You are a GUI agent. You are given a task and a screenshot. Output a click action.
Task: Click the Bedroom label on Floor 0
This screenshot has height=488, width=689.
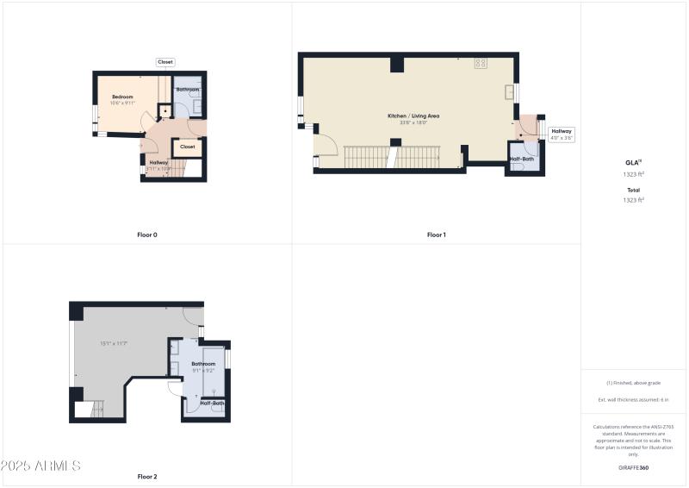coord(123,97)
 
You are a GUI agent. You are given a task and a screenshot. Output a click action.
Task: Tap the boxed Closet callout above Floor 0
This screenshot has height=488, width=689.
coord(165,62)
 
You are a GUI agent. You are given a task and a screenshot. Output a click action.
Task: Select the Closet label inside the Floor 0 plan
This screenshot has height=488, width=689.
coord(187,147)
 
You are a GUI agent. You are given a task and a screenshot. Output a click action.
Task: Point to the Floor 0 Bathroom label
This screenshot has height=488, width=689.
coord(188,90)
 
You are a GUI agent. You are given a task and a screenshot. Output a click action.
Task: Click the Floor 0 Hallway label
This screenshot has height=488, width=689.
coord(158,162)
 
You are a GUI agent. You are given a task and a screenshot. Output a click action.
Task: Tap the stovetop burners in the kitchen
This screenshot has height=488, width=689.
coord(481,63)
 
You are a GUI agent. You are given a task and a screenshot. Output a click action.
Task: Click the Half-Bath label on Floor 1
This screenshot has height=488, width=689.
coord(521,159)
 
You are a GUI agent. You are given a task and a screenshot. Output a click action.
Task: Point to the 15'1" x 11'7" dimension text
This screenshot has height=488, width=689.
coord(113,343)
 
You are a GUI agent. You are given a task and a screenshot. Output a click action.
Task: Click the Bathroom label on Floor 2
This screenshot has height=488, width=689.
coord(203,364)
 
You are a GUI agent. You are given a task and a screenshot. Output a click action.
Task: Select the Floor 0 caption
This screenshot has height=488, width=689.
coord(147,235)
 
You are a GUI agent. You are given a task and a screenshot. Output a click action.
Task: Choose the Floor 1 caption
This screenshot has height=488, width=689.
coord(436,235)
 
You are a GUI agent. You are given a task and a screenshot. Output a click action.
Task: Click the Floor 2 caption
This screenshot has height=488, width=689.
coord(147,477)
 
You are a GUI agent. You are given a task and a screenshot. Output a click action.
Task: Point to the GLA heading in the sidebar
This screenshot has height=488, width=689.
coord(631,162)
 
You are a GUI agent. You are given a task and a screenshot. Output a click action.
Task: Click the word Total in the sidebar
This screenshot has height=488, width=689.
coord(633,191)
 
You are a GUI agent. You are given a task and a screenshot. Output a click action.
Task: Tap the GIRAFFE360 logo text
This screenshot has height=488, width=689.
coord(633,467)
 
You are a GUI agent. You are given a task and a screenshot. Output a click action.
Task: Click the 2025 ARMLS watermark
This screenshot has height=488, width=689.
coord(40,466)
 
